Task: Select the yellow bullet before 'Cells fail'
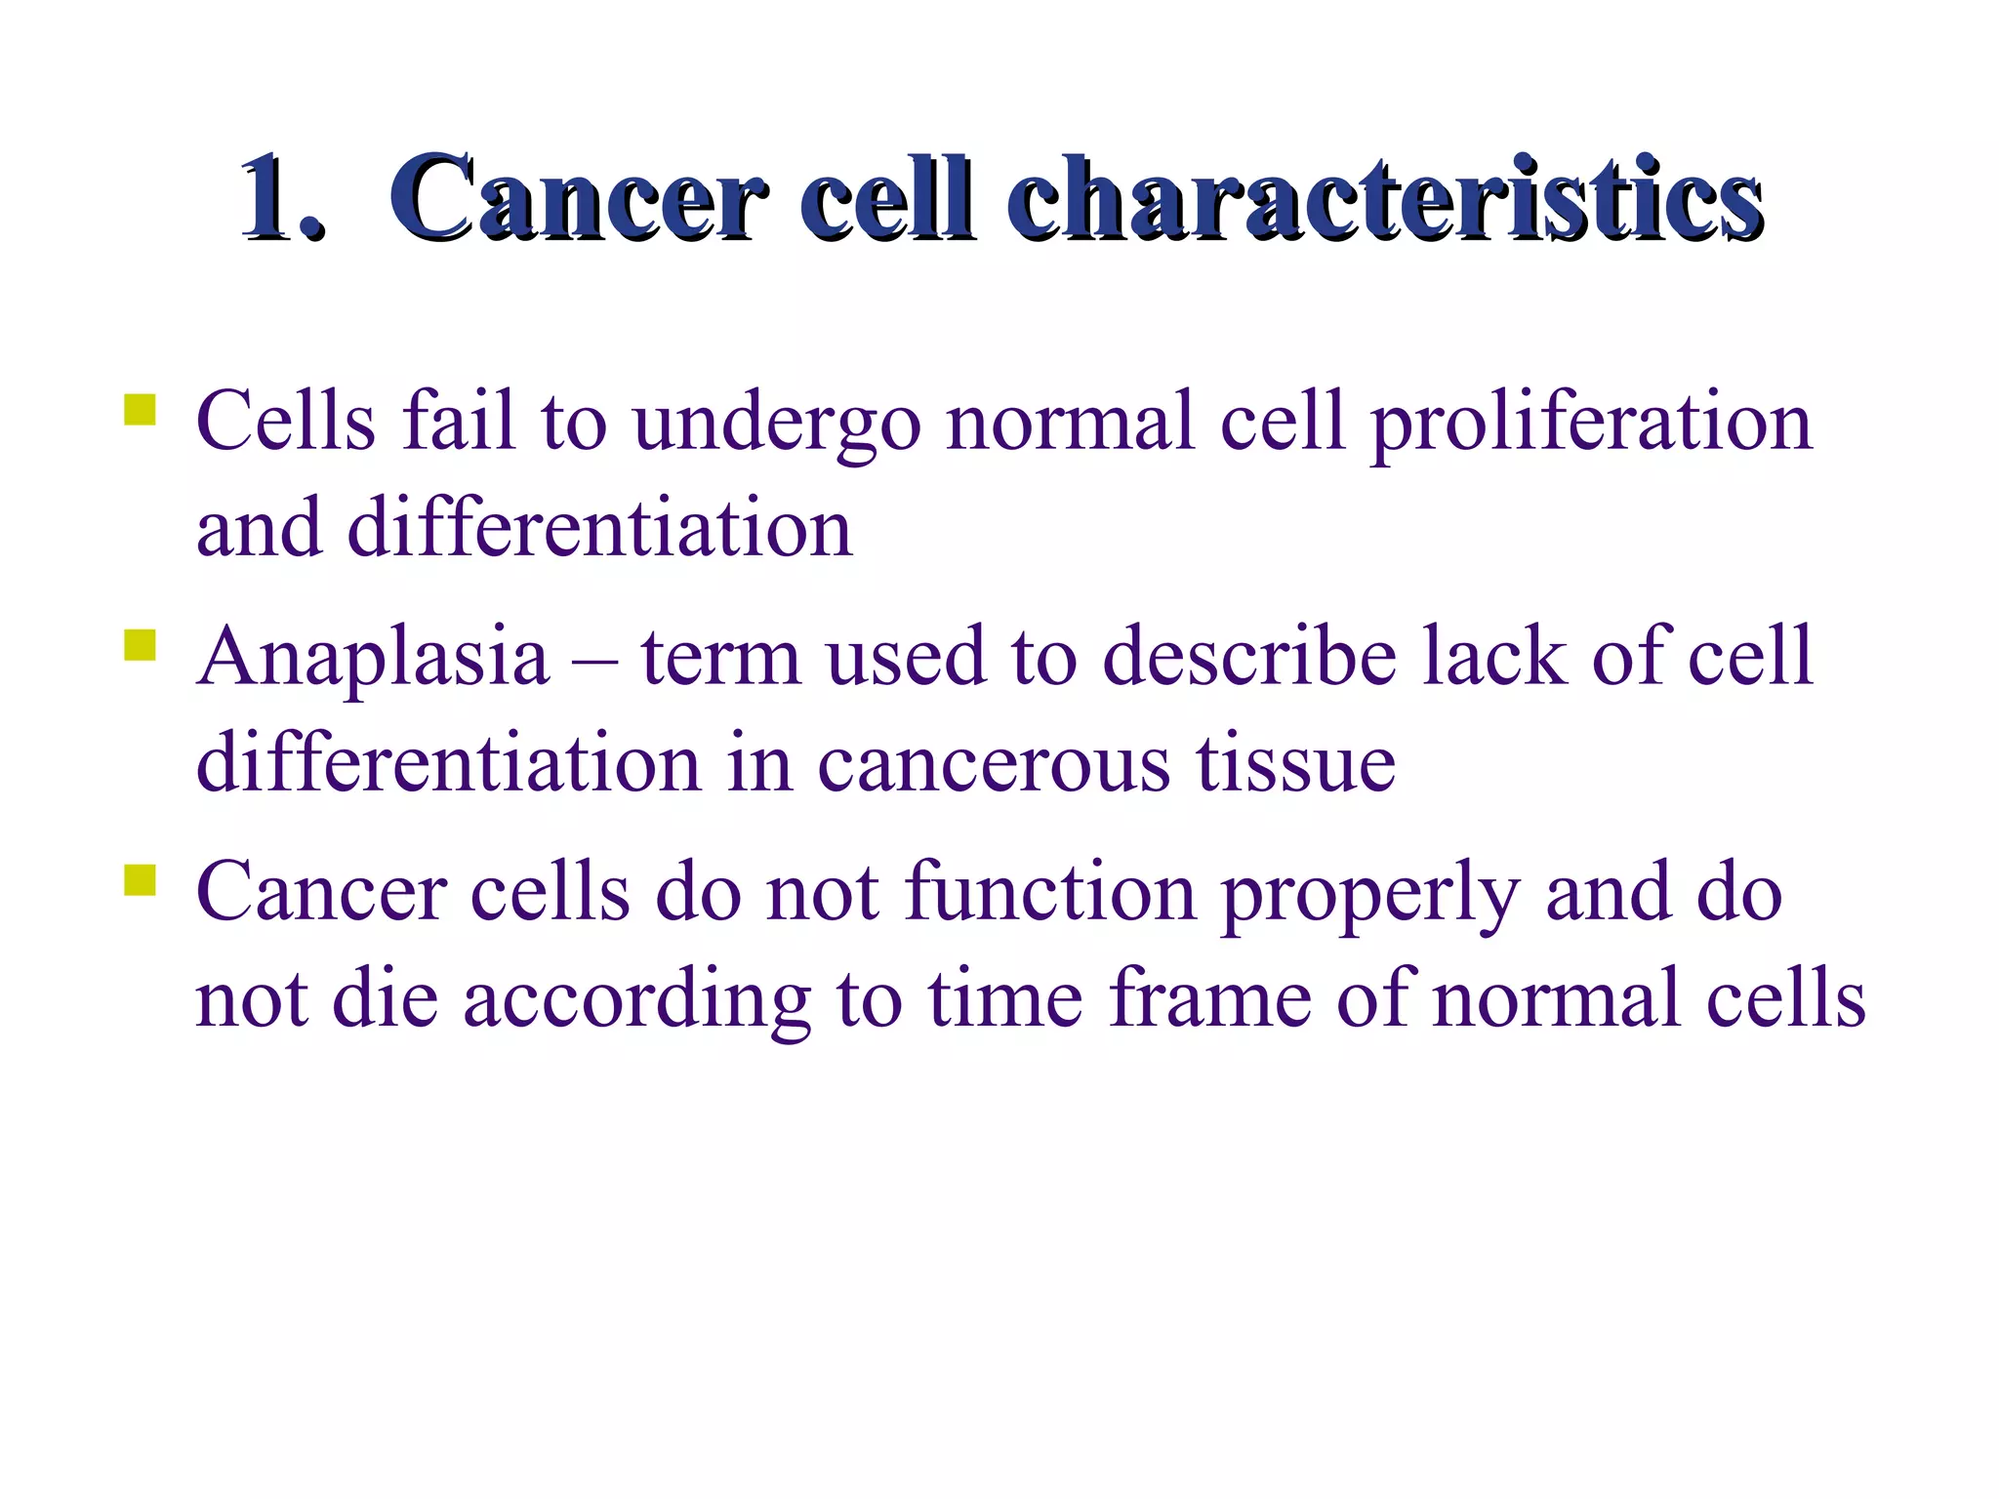[x=141, y=409]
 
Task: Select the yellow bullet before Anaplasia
[x=141, y=645]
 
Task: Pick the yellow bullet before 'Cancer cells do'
[x=141, y=880]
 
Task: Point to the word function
[x=1050, y=893]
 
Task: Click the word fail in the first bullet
[x=459, y=422]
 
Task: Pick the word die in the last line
[x=385, y=999]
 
